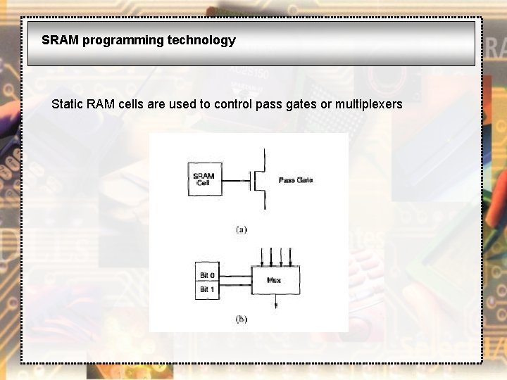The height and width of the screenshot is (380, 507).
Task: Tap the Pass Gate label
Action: pyautogui.click(x=296, y=180)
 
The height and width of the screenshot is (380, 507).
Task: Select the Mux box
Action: pyautogui.click(x=275, y=280)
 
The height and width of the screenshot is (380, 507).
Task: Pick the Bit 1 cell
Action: pyautogui.click(x=207, y=289)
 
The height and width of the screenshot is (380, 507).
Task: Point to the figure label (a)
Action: pyautogui.click(x=242, y=229)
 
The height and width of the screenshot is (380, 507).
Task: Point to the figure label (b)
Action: pyautogui.click(x=242, y=319)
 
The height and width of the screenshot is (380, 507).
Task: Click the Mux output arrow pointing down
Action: pyautogui.click(x=275, y=302)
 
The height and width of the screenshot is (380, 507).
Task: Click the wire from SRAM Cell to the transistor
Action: pyautogui.click(x=235, y=180)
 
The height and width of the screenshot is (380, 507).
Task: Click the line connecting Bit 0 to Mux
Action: pyautogui.click(x=235, y=274)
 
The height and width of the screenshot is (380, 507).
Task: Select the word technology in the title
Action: pyautogui.click(x=201, y=40)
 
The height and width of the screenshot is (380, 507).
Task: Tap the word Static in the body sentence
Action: pyautogui.click(x=67, y=104)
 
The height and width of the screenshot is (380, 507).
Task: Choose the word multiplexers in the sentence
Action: pyautogui.click(x=368, y=104)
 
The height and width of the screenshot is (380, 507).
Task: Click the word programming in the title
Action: pyautogui.click(x=123, y=40)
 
